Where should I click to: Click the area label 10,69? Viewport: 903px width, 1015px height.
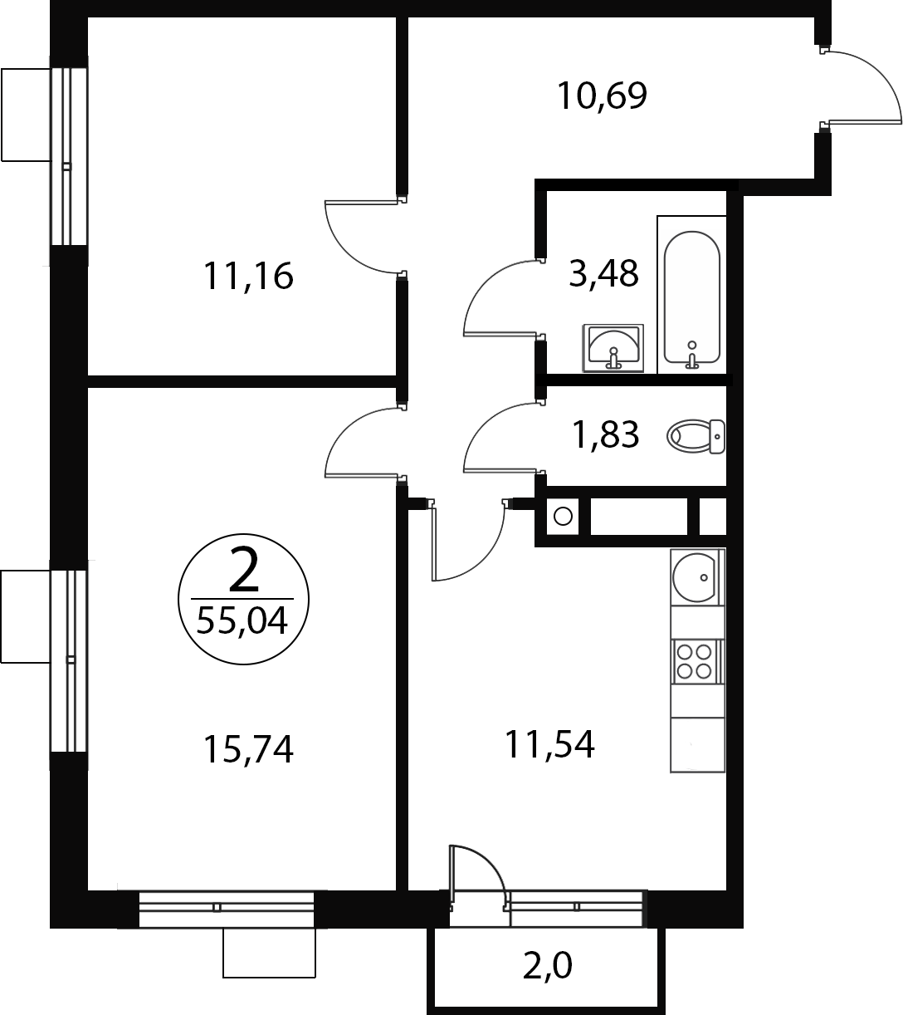[602, 96]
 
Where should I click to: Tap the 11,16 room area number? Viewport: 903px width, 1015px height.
[248, 276]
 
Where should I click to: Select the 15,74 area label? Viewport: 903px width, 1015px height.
[249, 749]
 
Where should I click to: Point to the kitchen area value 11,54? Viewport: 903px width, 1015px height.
[549, 744]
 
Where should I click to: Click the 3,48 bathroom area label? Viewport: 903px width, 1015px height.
[603, 273]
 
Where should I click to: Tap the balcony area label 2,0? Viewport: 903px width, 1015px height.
[547, 966]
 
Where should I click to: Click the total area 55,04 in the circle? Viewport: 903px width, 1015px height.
[242, 620]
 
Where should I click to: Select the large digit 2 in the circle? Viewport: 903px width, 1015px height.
[244, 569]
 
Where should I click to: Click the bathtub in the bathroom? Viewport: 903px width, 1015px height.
[691, 297]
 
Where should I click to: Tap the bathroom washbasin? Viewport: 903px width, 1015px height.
[613, 348]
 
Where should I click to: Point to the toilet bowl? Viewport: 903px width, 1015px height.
[696, 436]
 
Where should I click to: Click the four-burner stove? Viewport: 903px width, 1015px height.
[696, 661]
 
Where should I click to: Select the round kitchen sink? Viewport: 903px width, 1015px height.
[694, 577]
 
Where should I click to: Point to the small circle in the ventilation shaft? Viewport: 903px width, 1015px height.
[563, 516]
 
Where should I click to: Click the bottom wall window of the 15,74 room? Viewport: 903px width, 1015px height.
[227, 909]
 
